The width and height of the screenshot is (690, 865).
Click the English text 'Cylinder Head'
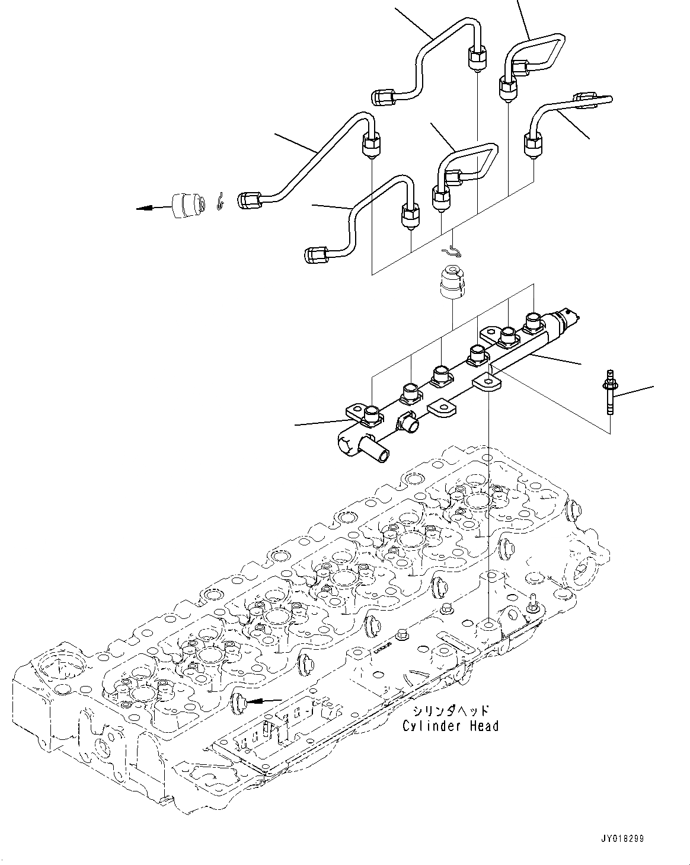[450, 726]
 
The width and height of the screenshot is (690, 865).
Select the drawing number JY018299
[621, 839]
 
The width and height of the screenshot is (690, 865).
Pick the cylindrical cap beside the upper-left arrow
[187, 205]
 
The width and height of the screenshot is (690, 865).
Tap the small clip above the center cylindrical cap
[455, 251]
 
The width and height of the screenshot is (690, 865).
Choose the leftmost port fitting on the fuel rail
[372, 415]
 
